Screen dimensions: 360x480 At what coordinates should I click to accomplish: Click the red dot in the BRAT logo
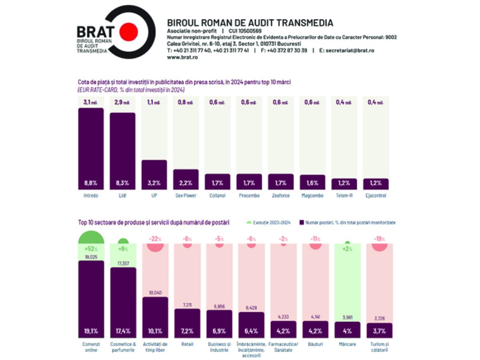tap(129, 31)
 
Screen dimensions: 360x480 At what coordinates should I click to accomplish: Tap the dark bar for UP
tap(154, 170)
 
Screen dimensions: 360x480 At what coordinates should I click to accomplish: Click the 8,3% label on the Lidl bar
tap(122, 183)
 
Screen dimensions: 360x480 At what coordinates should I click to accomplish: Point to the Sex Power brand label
tap(186, 196)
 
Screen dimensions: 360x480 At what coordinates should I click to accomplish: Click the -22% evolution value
tap(155, 239)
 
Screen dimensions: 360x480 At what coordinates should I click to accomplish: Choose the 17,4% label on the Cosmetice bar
tap(123, 331)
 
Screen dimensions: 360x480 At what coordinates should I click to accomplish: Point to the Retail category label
tap(187, 344)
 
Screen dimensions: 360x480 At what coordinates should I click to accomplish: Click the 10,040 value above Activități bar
tap(155, 293)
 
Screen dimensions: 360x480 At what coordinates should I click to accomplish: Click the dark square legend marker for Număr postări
tap(301, 222)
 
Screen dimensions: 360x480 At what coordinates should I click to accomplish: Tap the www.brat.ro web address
tap(182, 57)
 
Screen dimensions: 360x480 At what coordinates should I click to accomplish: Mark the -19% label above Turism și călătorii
tap(380, 239)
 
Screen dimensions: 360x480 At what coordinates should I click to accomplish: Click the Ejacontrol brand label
tap(376, 196)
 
